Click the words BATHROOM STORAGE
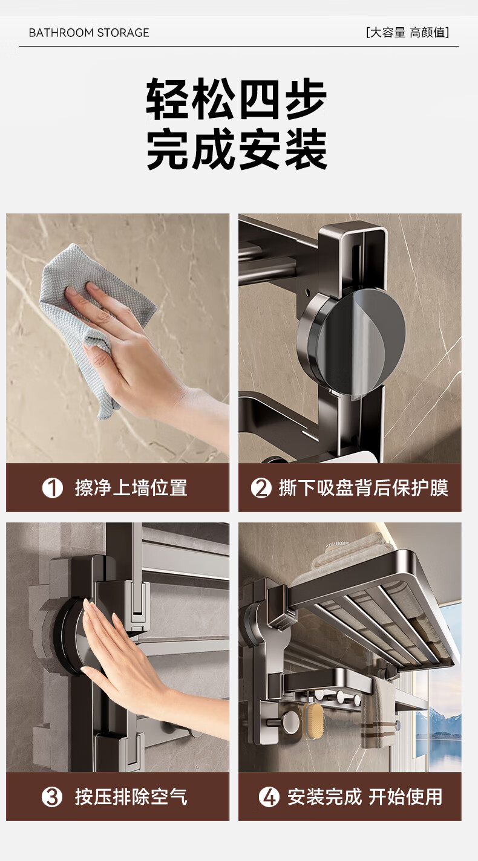point(89,33)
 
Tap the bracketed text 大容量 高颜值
point(408,33)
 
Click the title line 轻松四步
point(237,99)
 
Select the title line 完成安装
point(237,149)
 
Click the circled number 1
point(52,488)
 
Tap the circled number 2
point(261,488)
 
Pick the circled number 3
point(52,797)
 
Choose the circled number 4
point(269,797)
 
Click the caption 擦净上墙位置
point(131,488)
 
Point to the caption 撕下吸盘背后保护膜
point(364,488)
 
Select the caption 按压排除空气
point(131,796)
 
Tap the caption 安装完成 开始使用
point(365,796)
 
